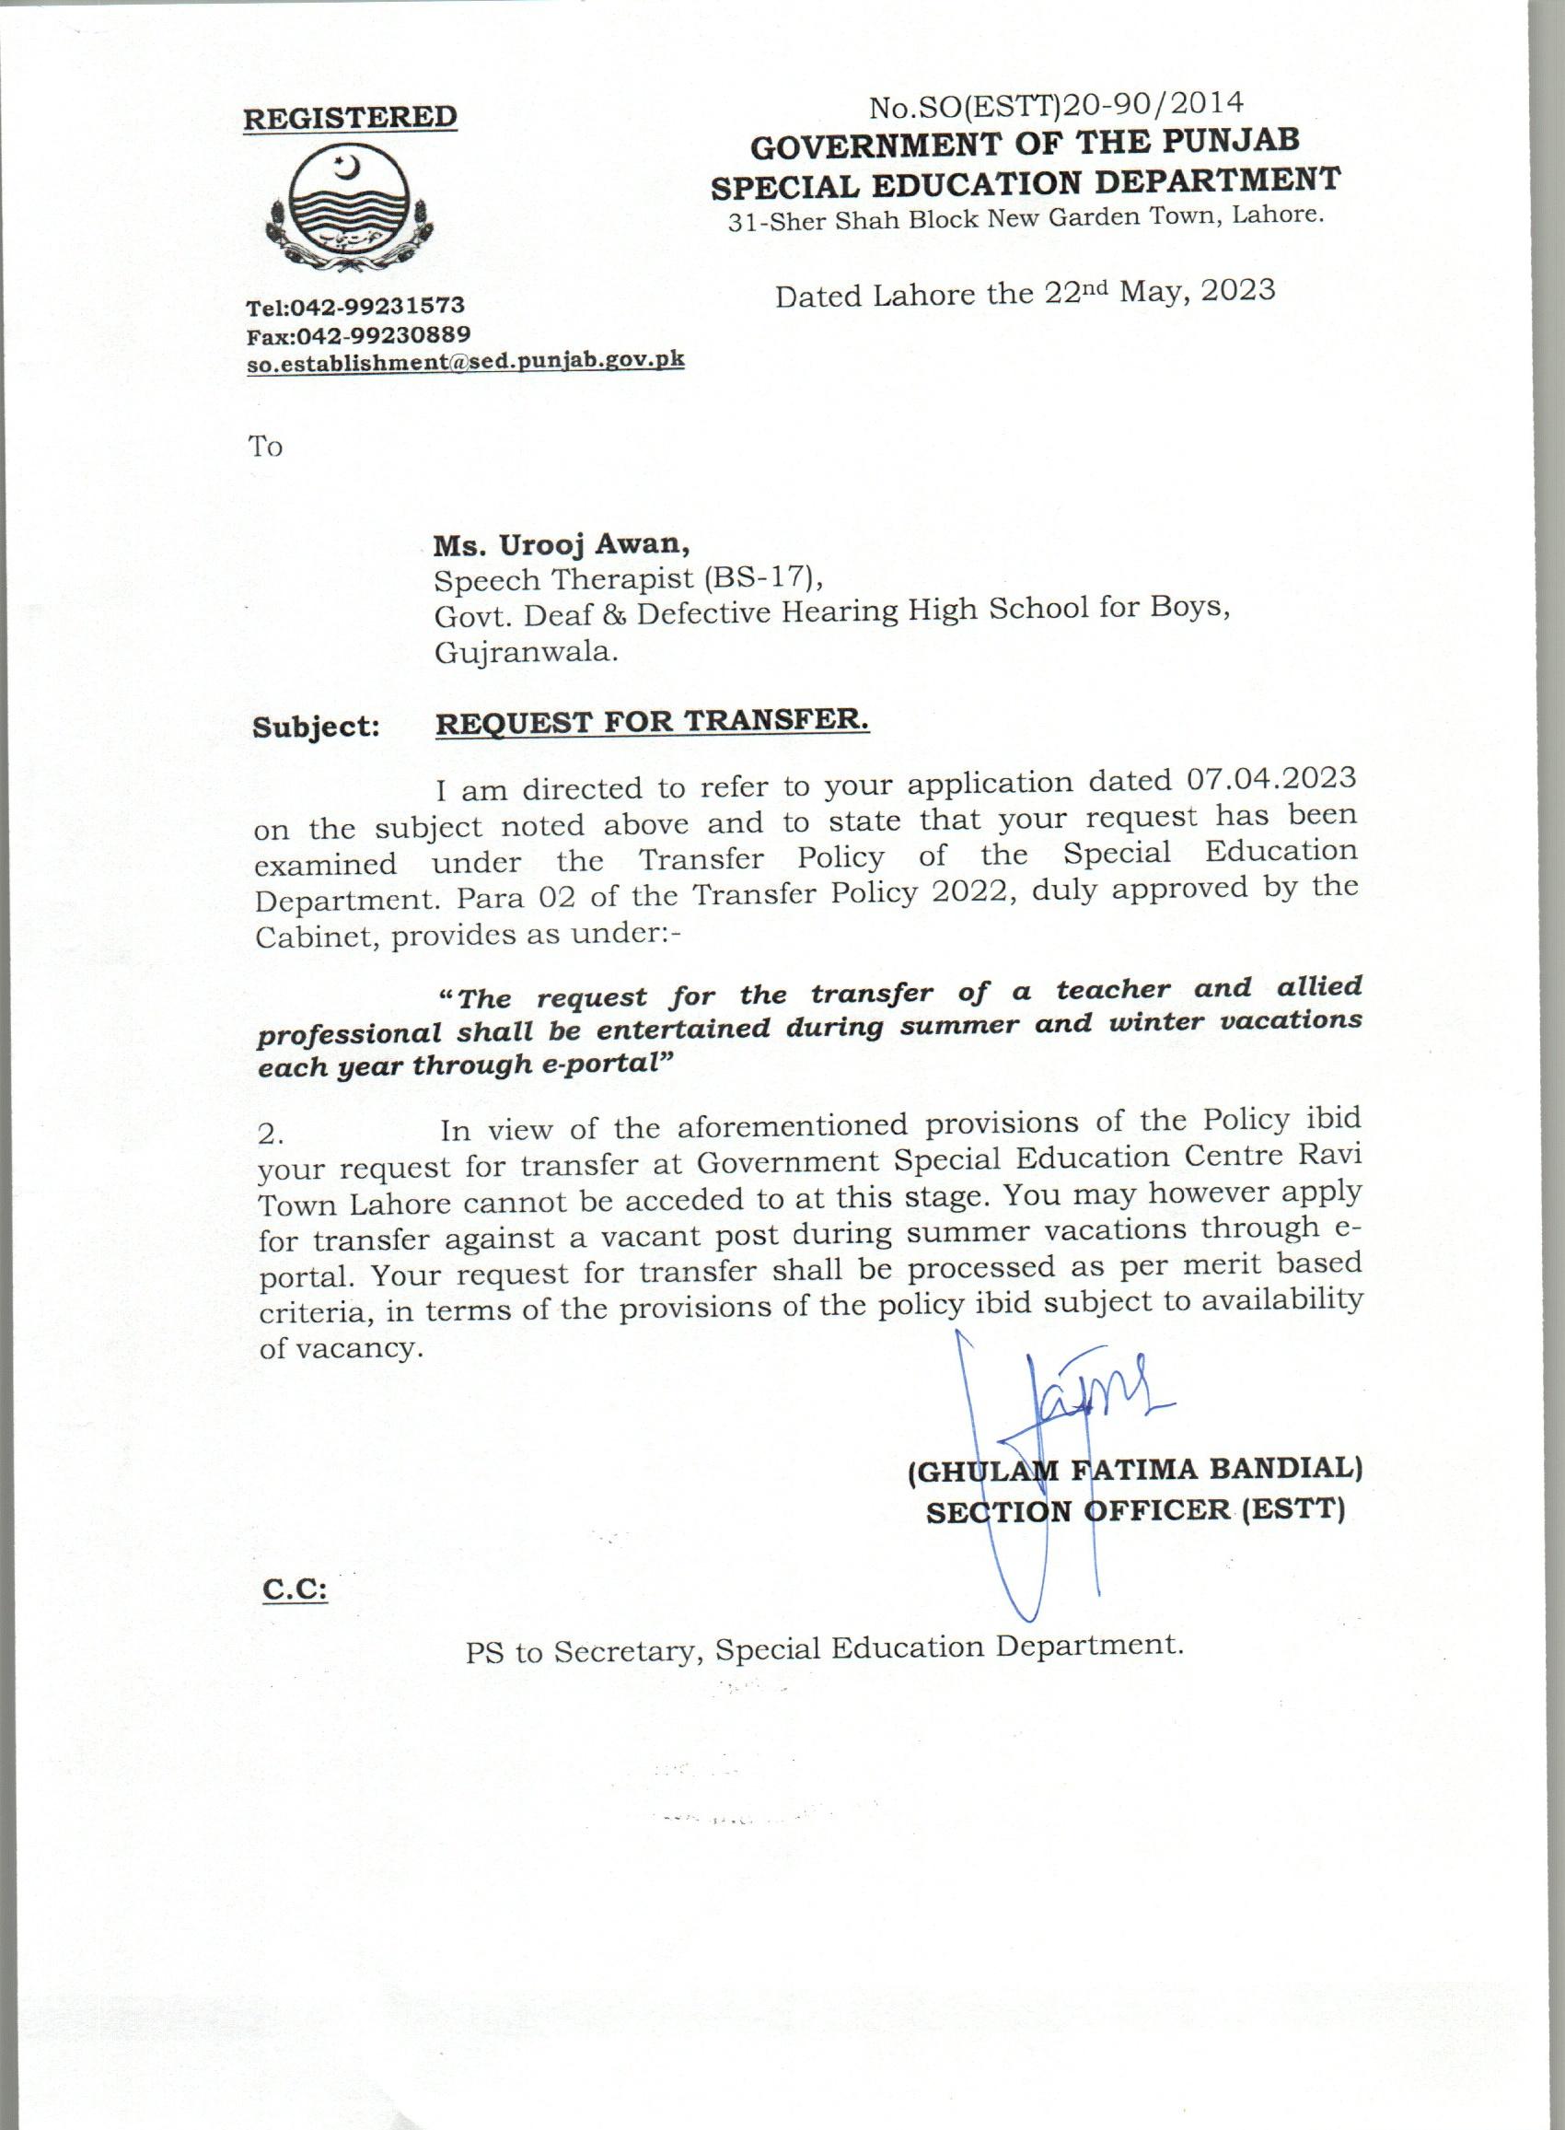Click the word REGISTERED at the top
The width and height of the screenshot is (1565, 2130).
point(350,119)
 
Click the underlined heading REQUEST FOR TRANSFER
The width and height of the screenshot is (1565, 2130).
point(651,722)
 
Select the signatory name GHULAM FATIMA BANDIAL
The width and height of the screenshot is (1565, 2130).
point(1135,1471)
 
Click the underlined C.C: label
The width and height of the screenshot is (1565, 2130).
point(295,1589)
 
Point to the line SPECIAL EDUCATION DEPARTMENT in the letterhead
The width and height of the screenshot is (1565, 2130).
point(1025,181)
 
